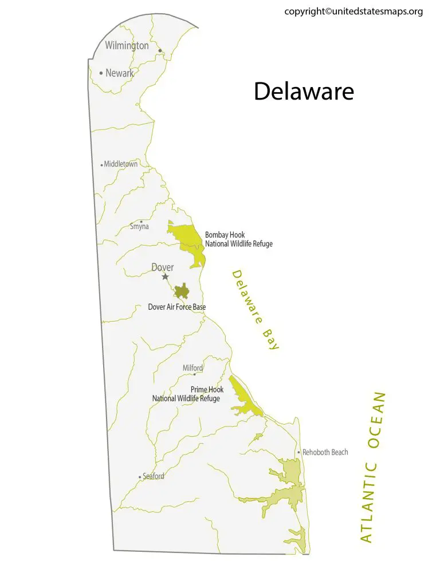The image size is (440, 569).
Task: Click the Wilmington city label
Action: coord(127,45)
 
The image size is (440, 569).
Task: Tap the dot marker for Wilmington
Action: coord(160,50)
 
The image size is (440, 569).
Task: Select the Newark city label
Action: coord(119,73)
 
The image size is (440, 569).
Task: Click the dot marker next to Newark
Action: coord(101,73)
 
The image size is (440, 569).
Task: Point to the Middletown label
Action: coord(120,164)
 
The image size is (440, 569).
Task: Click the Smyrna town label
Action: coord(139,227)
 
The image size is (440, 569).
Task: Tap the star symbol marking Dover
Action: coord(165,276)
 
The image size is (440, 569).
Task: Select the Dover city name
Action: coord(162,267)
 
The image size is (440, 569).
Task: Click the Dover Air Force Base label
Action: coord(177,307)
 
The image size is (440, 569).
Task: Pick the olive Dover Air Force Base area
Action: coord(182,292)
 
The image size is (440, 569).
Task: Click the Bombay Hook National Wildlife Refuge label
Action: coord(238,239)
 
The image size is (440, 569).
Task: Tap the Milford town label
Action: coord(192,368)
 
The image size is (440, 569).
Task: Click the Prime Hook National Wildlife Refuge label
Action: coord(186,394)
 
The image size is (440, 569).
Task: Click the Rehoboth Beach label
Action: coord(325,452)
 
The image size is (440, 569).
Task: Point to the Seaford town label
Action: coord(153,476)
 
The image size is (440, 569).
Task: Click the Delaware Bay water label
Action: coord(256,310)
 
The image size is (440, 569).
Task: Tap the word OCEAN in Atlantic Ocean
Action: coord(376,421)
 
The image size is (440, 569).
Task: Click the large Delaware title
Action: coord(304,92)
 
